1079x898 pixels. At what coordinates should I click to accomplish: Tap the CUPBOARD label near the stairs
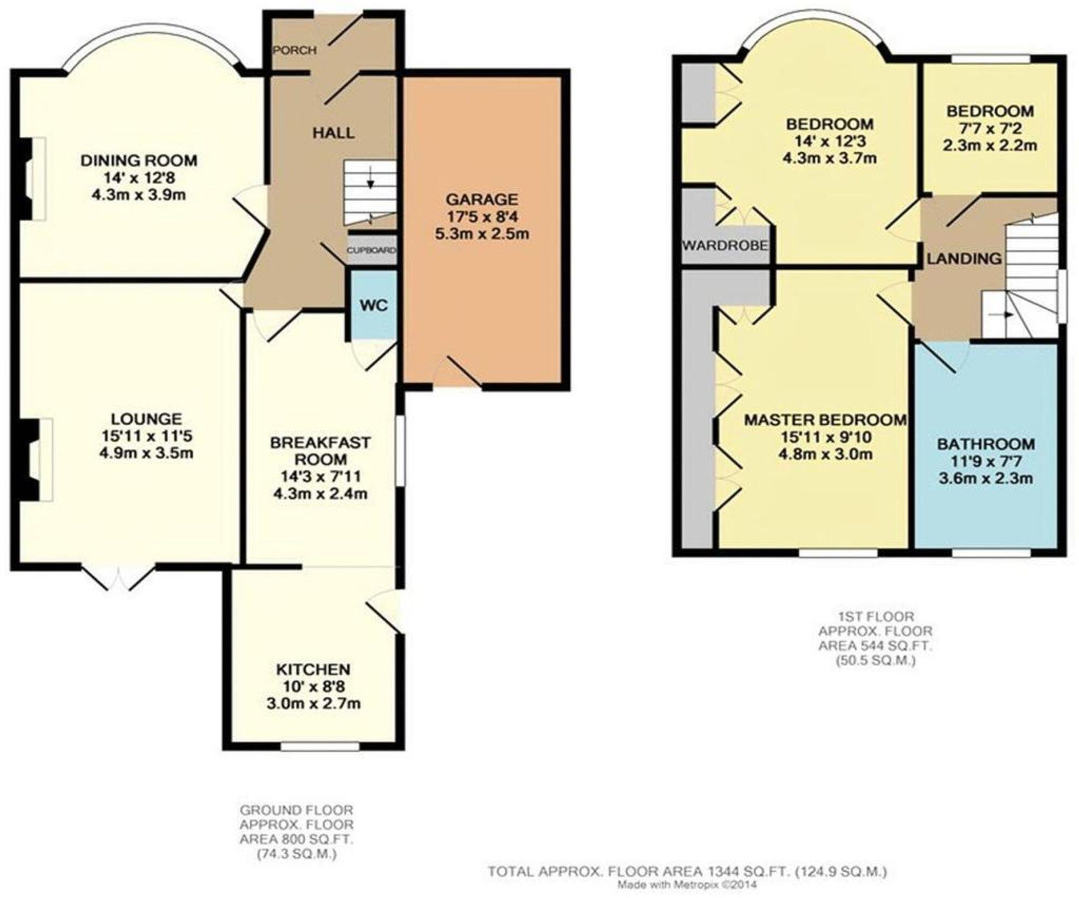(x=371, y=250)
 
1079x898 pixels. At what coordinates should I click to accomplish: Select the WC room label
(x=373, y=305)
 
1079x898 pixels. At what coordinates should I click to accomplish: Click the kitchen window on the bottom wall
(x=320, y=747)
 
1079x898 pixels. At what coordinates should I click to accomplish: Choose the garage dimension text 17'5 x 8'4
(x=482, y=217)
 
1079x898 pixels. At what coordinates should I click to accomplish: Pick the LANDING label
(x=964, y=258)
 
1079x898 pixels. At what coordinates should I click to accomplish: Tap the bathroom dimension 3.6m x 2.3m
(x=986, y=478)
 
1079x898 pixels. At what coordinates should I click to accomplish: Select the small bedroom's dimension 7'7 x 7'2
(x=990, y=128)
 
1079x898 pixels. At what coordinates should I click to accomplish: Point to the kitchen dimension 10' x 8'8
(x=313, y=686)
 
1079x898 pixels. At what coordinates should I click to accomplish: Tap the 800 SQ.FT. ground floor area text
(x=296, y=840)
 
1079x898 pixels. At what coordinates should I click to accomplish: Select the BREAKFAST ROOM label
(x=320, y=451)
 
